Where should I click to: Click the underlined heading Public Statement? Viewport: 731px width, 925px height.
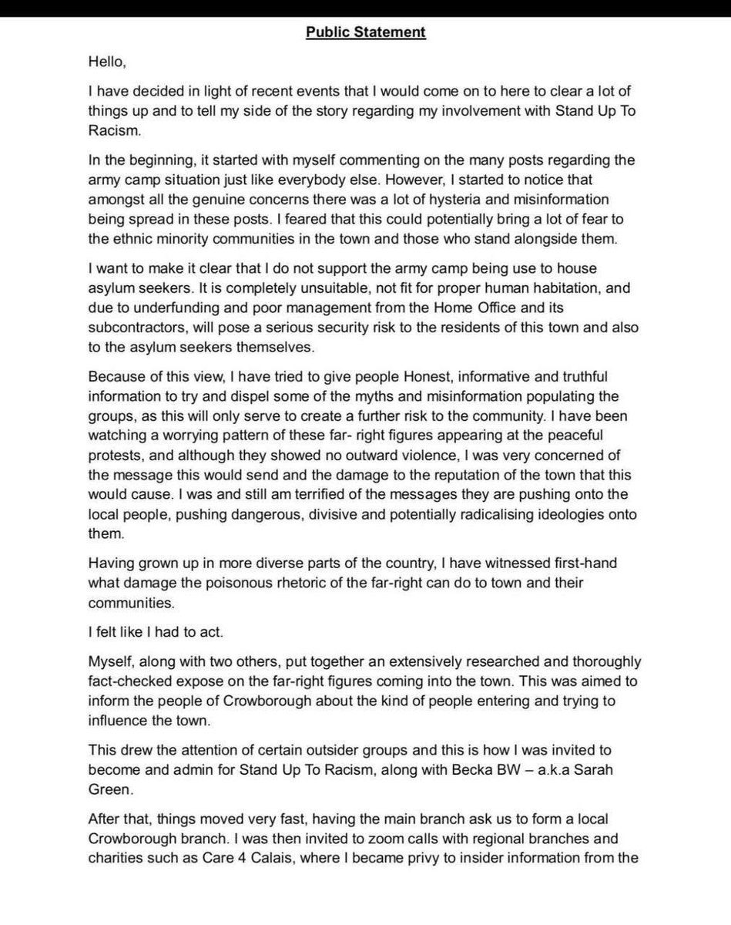365,32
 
